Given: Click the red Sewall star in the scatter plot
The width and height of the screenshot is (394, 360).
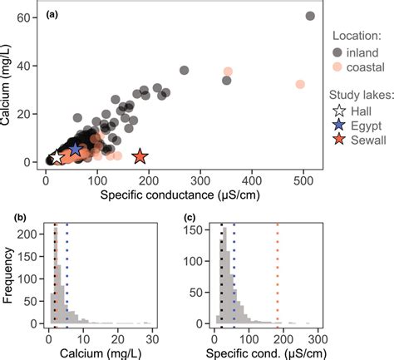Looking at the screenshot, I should point(139,156).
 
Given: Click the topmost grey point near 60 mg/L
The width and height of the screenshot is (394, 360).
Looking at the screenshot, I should point(310,16).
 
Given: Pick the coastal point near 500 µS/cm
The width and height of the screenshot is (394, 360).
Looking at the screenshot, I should point(300,84).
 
